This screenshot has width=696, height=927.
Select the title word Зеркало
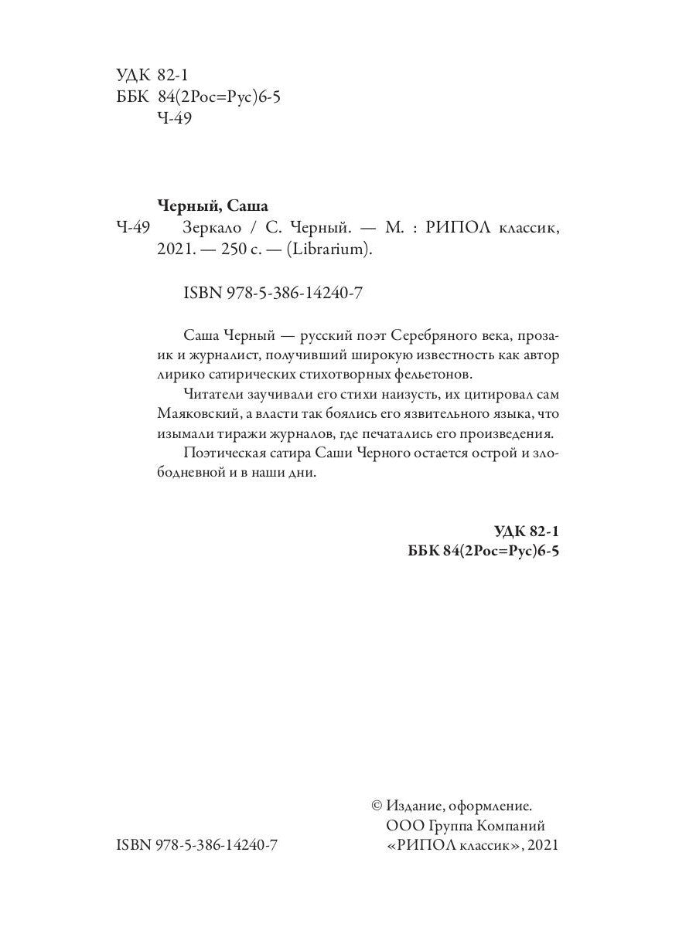point(213,229)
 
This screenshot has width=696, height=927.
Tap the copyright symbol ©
point(377,805)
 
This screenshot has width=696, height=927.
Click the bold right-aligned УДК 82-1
point(525,531)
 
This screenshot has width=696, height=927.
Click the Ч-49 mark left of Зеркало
point(132,229)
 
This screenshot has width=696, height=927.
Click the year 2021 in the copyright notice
point(540,846)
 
